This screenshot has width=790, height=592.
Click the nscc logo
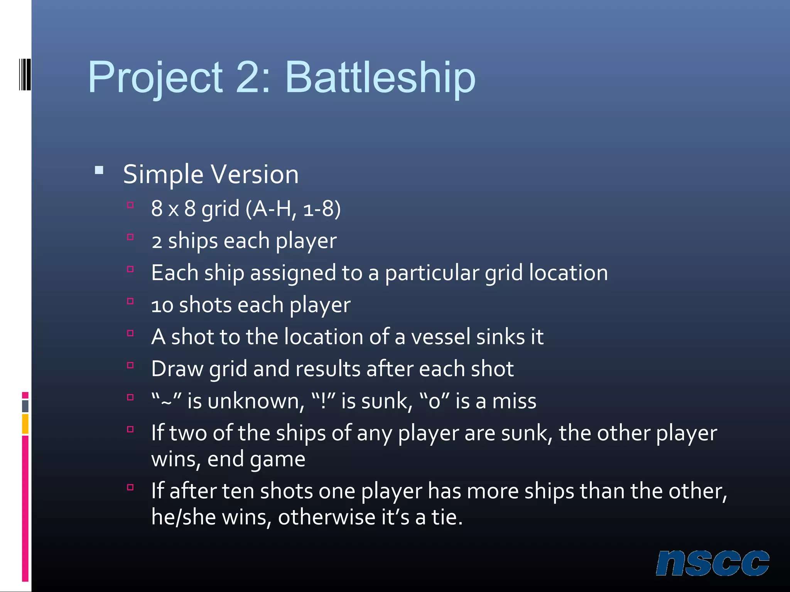712,563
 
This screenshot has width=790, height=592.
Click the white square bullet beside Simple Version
99,170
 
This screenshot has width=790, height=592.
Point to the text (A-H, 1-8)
293,209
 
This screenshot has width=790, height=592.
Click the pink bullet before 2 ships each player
130,237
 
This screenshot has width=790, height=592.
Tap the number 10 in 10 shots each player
162,305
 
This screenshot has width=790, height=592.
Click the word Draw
177,369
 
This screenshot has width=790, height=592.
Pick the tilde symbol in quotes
166,402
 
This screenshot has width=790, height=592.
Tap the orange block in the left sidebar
25,424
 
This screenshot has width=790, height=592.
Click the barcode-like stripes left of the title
25,74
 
